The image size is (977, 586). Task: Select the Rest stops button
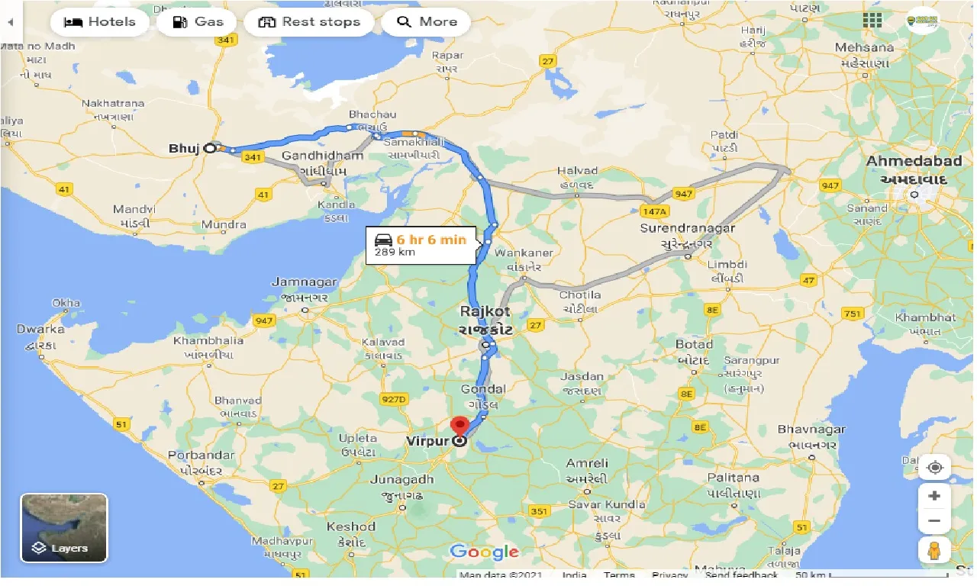click(x=309, y=21)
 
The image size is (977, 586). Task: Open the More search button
click(x=426, y=21)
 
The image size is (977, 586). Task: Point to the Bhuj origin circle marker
click(x=210, y=149)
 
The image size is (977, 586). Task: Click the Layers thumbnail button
click(x=64, y=528)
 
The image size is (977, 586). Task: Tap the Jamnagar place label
click(x=304, y=282)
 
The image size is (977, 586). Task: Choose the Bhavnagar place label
click(x=812, y=430)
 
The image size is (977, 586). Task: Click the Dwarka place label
click(x=40, y=330)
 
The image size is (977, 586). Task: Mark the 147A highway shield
click(x=654, y=210)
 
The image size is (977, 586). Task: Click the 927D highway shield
click(x=395, y=398)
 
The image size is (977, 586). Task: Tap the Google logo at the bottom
click(x=484, y=552)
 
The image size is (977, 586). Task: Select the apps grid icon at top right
click(x=872, y=21)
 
